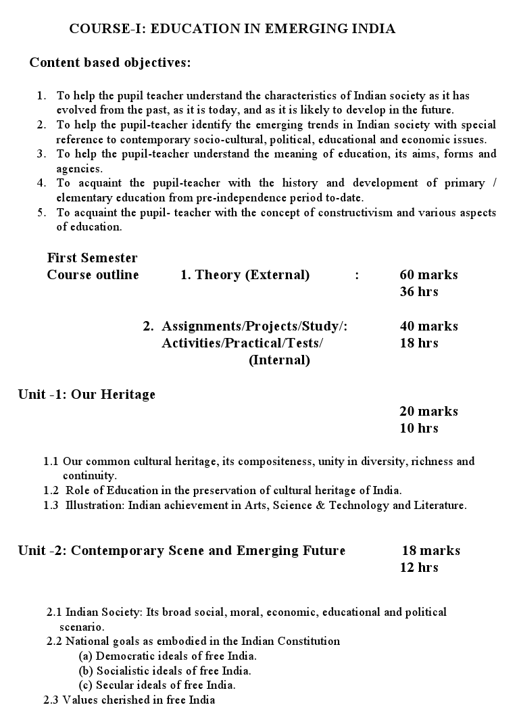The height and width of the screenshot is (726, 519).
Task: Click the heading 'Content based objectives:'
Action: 109,63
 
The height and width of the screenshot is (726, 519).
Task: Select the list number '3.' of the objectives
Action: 41,154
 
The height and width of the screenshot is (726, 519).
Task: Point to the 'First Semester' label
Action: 92,258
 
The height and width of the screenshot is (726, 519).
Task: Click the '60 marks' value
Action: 428,274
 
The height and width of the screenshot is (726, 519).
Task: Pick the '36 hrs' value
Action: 419,291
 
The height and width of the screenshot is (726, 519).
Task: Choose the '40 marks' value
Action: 428,326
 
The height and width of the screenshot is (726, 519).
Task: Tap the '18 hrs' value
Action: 419,343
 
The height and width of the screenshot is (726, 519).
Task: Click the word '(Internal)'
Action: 279,360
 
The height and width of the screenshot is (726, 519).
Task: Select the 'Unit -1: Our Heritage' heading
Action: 86,394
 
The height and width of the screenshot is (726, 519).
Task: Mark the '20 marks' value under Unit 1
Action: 428,411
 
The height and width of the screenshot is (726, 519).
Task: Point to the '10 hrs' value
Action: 419,428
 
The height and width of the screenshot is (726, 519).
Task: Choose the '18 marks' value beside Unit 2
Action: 431,550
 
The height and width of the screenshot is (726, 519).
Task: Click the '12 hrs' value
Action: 419,567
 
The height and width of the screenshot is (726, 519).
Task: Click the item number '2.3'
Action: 51,700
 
